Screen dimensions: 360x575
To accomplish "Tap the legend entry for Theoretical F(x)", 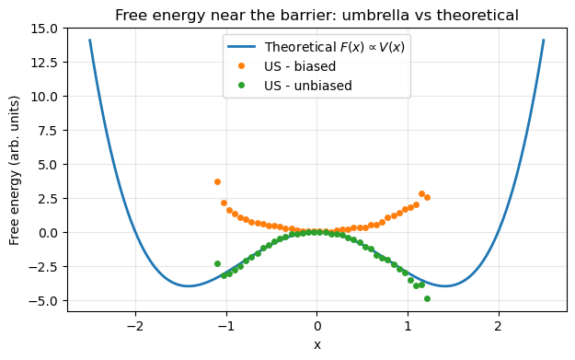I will coord(334,47).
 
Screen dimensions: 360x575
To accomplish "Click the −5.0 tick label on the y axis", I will coord(42,300).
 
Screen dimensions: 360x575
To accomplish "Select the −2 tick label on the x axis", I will coord(135,326).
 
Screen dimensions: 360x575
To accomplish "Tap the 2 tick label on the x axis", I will coord(499,326).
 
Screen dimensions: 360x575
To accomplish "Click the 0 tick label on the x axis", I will coord(317,326).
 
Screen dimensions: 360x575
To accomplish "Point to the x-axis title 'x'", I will coord(317,344).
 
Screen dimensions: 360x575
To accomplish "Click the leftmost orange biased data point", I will coord(218,182).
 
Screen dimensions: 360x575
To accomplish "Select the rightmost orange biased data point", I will coord(427,197).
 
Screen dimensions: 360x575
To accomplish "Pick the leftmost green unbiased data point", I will coord(218,263).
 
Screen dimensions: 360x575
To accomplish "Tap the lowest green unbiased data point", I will coord(427,298).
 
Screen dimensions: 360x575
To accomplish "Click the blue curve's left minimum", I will coord(189,286).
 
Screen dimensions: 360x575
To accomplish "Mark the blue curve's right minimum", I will coord(445,286).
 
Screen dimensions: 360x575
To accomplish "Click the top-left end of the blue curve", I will coord(90,41).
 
